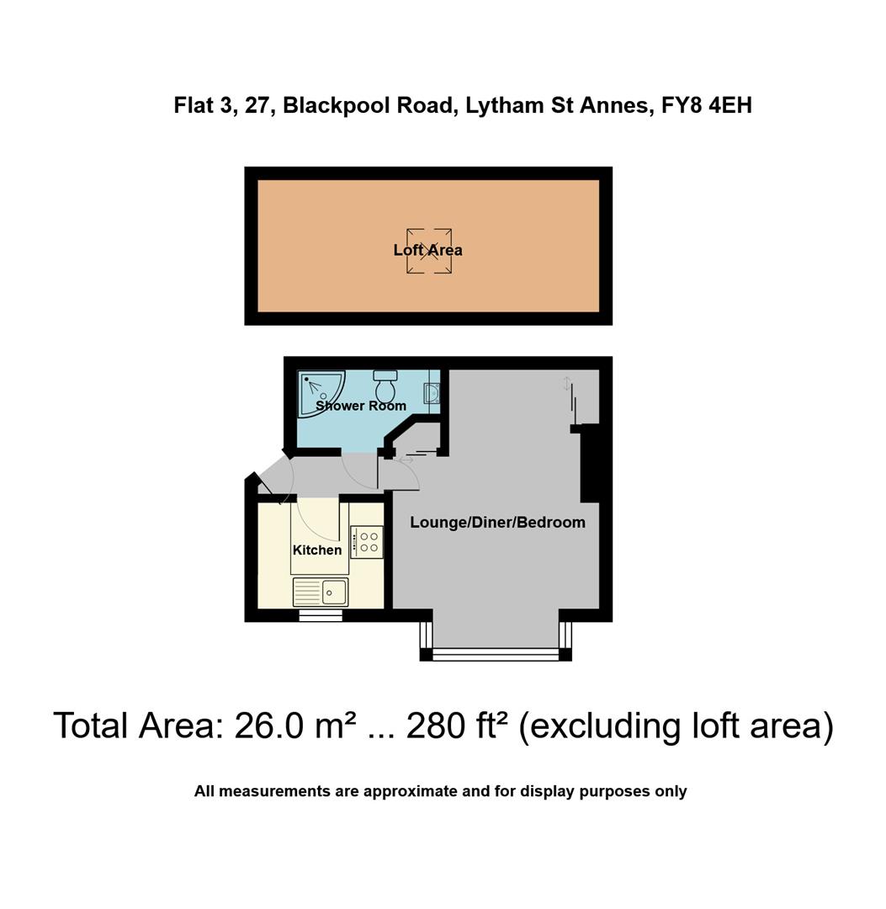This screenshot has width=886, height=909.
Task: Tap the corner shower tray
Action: click(x=318, y=392)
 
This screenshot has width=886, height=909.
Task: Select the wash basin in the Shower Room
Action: click(x=432, y=392)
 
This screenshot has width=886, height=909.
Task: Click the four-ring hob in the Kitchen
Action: click(x=367, y=541)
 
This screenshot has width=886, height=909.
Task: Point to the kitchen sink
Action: click(x=321, y=592)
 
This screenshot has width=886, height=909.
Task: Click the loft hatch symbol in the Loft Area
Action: click(x=428, y=250)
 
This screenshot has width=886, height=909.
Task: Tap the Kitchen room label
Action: click(x=316, y=550)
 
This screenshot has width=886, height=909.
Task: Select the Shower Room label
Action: click(x=360, y=406)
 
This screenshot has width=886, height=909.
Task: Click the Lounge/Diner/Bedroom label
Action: click(x=497, y=523)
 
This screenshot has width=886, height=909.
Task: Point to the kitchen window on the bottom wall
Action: click(x=321, y=616)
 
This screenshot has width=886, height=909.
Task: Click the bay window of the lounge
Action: click(x=496, y=653)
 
